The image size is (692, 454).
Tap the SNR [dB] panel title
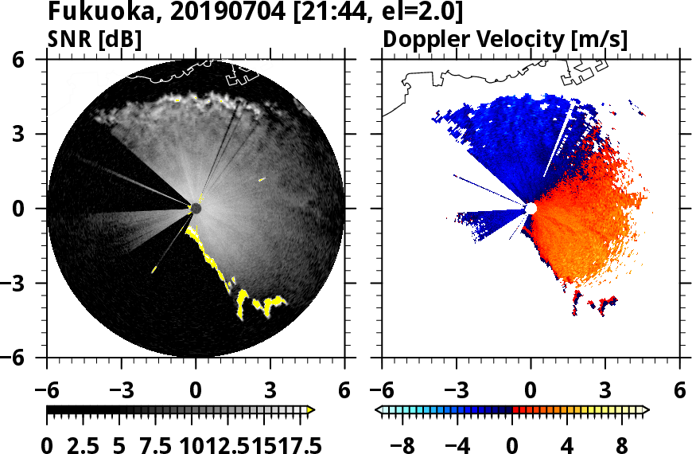click(95, 39)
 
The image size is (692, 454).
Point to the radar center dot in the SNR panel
click(196, 209)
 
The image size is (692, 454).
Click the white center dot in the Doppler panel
click(531, 208)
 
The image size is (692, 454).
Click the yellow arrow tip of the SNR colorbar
click(311, 410)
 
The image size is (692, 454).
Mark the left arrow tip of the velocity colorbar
click(379, 410)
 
